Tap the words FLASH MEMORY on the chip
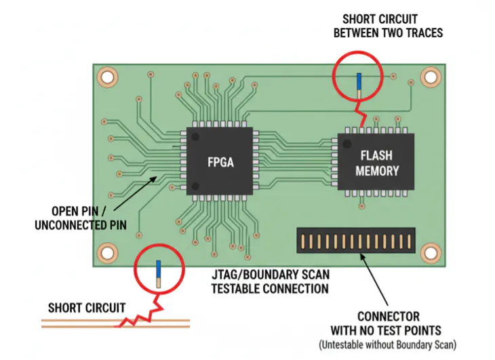(x=377, y=163)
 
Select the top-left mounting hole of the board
(x=106, y=77)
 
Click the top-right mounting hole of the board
(x=430, y=77)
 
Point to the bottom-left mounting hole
(x=106, y=253)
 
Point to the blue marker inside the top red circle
(x=359, y=81)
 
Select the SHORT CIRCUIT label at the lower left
(x=86, y=308)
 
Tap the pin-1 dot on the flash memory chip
(x=346, y=143)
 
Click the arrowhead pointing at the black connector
(x=363, y=256)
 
